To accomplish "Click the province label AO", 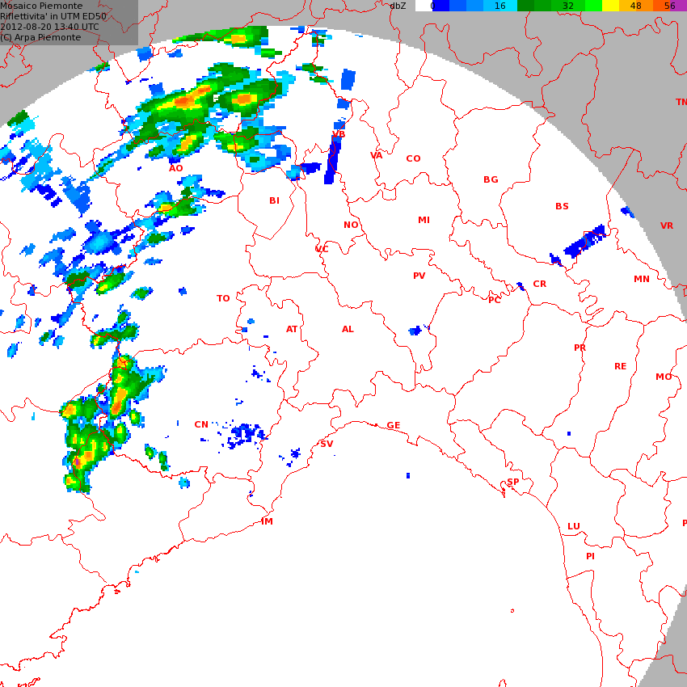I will pos(175,168).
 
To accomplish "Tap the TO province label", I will pos(223,298).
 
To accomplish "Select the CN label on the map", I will pos(201,424).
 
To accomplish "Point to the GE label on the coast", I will pos(394,425).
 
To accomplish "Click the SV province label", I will pos(327,444).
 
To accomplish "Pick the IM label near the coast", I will pos(267,521).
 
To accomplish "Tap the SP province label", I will pos(513,482).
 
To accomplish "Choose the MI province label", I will pos(424,220).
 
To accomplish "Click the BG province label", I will pos(491,179).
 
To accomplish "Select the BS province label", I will pos(562,206).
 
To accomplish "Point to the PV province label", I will pos(419,276).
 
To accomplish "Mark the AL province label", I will pos(348,329).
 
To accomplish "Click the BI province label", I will pos(274,200).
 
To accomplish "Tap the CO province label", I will pos(413,158).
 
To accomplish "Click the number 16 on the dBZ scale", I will pos(499,6).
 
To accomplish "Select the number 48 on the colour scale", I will pos(635,6).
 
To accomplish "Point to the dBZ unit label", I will pos(398,6).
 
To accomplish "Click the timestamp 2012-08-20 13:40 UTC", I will pos(50,27).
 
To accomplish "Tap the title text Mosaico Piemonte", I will pos(41,6).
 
